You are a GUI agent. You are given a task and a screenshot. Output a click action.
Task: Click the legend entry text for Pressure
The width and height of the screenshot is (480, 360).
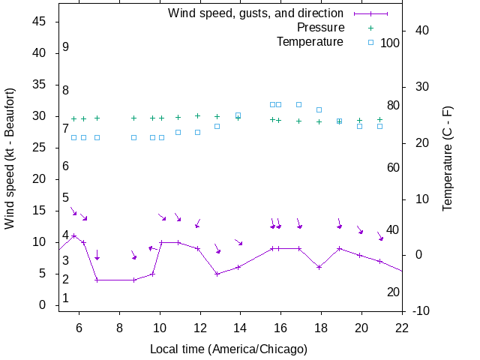click(x=320, y=28)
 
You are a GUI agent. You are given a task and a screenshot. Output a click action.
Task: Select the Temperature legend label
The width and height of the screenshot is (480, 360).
click(x=310, y=42)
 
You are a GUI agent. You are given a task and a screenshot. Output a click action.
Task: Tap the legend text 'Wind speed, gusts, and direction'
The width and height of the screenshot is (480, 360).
click(x=255, y=13)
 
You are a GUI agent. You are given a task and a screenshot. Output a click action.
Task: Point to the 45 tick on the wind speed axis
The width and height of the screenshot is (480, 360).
click(x=41, y=22)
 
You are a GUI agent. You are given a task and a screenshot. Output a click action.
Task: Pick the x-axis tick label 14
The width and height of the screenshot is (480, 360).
click(x=240, y=327)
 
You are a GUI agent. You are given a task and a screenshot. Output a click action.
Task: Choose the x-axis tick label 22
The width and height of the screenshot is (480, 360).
click(x=402, y=327)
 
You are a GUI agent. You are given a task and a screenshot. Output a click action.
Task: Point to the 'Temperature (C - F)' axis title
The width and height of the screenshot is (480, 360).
click(x=448, y=159)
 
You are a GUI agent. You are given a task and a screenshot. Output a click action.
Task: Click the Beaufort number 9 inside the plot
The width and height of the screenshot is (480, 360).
click(x=66, y=46)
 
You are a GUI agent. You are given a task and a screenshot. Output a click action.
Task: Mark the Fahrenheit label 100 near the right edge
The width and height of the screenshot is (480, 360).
click(x=390, y=43)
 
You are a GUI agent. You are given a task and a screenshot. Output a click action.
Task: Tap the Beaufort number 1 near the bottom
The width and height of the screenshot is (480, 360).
click(x=66, y=298)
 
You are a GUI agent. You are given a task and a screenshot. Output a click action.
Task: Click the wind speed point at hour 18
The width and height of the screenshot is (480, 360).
click(x=319, y=267)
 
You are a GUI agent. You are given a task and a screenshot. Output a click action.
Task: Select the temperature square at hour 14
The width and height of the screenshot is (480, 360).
click(x=238, y=115)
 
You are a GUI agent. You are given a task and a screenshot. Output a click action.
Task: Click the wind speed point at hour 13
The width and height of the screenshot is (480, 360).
click(x=217, y=274)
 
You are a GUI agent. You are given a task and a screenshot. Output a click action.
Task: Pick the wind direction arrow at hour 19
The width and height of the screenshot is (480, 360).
click(x=339, y=224)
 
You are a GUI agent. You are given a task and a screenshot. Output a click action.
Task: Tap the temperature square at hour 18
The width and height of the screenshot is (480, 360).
click(x=319, y=110)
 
